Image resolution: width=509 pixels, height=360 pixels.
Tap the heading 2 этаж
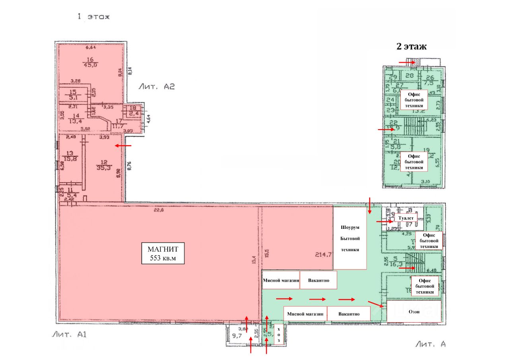(411, 46)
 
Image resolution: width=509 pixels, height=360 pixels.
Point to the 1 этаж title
(93, 17)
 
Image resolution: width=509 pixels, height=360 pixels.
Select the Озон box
(414, 312)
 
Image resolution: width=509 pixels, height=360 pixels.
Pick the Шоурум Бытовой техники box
(350, 239)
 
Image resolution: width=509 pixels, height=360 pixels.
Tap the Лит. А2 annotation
(157, 86)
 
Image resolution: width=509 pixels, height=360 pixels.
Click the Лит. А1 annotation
(68, 335)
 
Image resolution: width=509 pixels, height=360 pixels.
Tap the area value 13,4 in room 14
(76, 121)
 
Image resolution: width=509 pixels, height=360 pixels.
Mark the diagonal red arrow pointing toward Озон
(375, 305)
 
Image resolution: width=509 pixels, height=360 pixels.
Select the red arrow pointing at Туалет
(384, 221)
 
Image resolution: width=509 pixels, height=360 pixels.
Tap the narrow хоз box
(279, 335)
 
